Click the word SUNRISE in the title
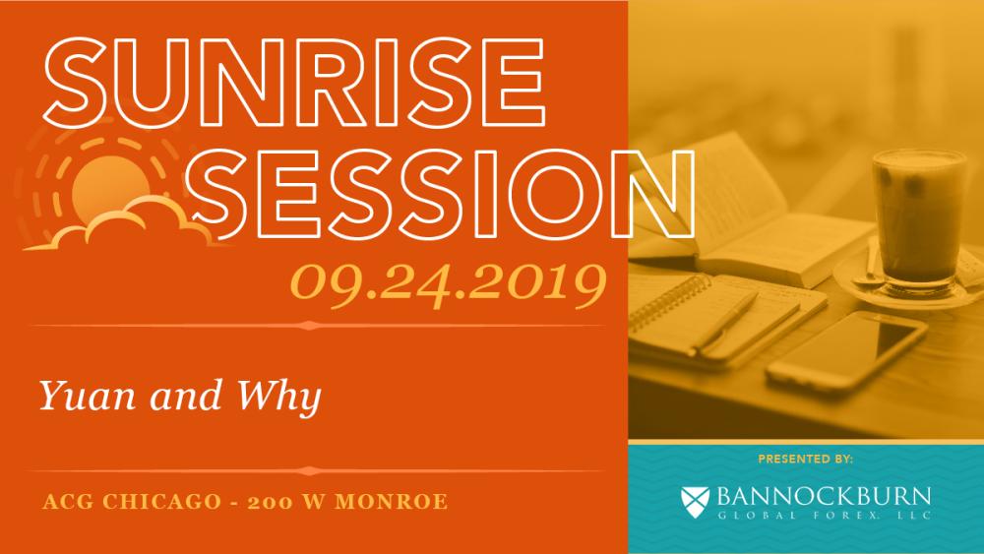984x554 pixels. click(x=294, y=83)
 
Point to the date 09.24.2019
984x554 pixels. click(x=448, y=285)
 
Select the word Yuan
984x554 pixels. click(x=88, y=396)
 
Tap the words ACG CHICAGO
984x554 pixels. click(x=132, y=502)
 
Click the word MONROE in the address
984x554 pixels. click(x=392, y=502)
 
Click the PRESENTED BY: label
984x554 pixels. click(x=805, y=460)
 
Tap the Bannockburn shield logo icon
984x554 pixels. click(x=695, y=500)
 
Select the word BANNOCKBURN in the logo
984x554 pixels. click(x=824, y=496)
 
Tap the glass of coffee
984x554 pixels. click(x=919, y=219)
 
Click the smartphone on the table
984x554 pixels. click(x=846, y=352)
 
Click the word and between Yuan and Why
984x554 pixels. click(x=185, y=397)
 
